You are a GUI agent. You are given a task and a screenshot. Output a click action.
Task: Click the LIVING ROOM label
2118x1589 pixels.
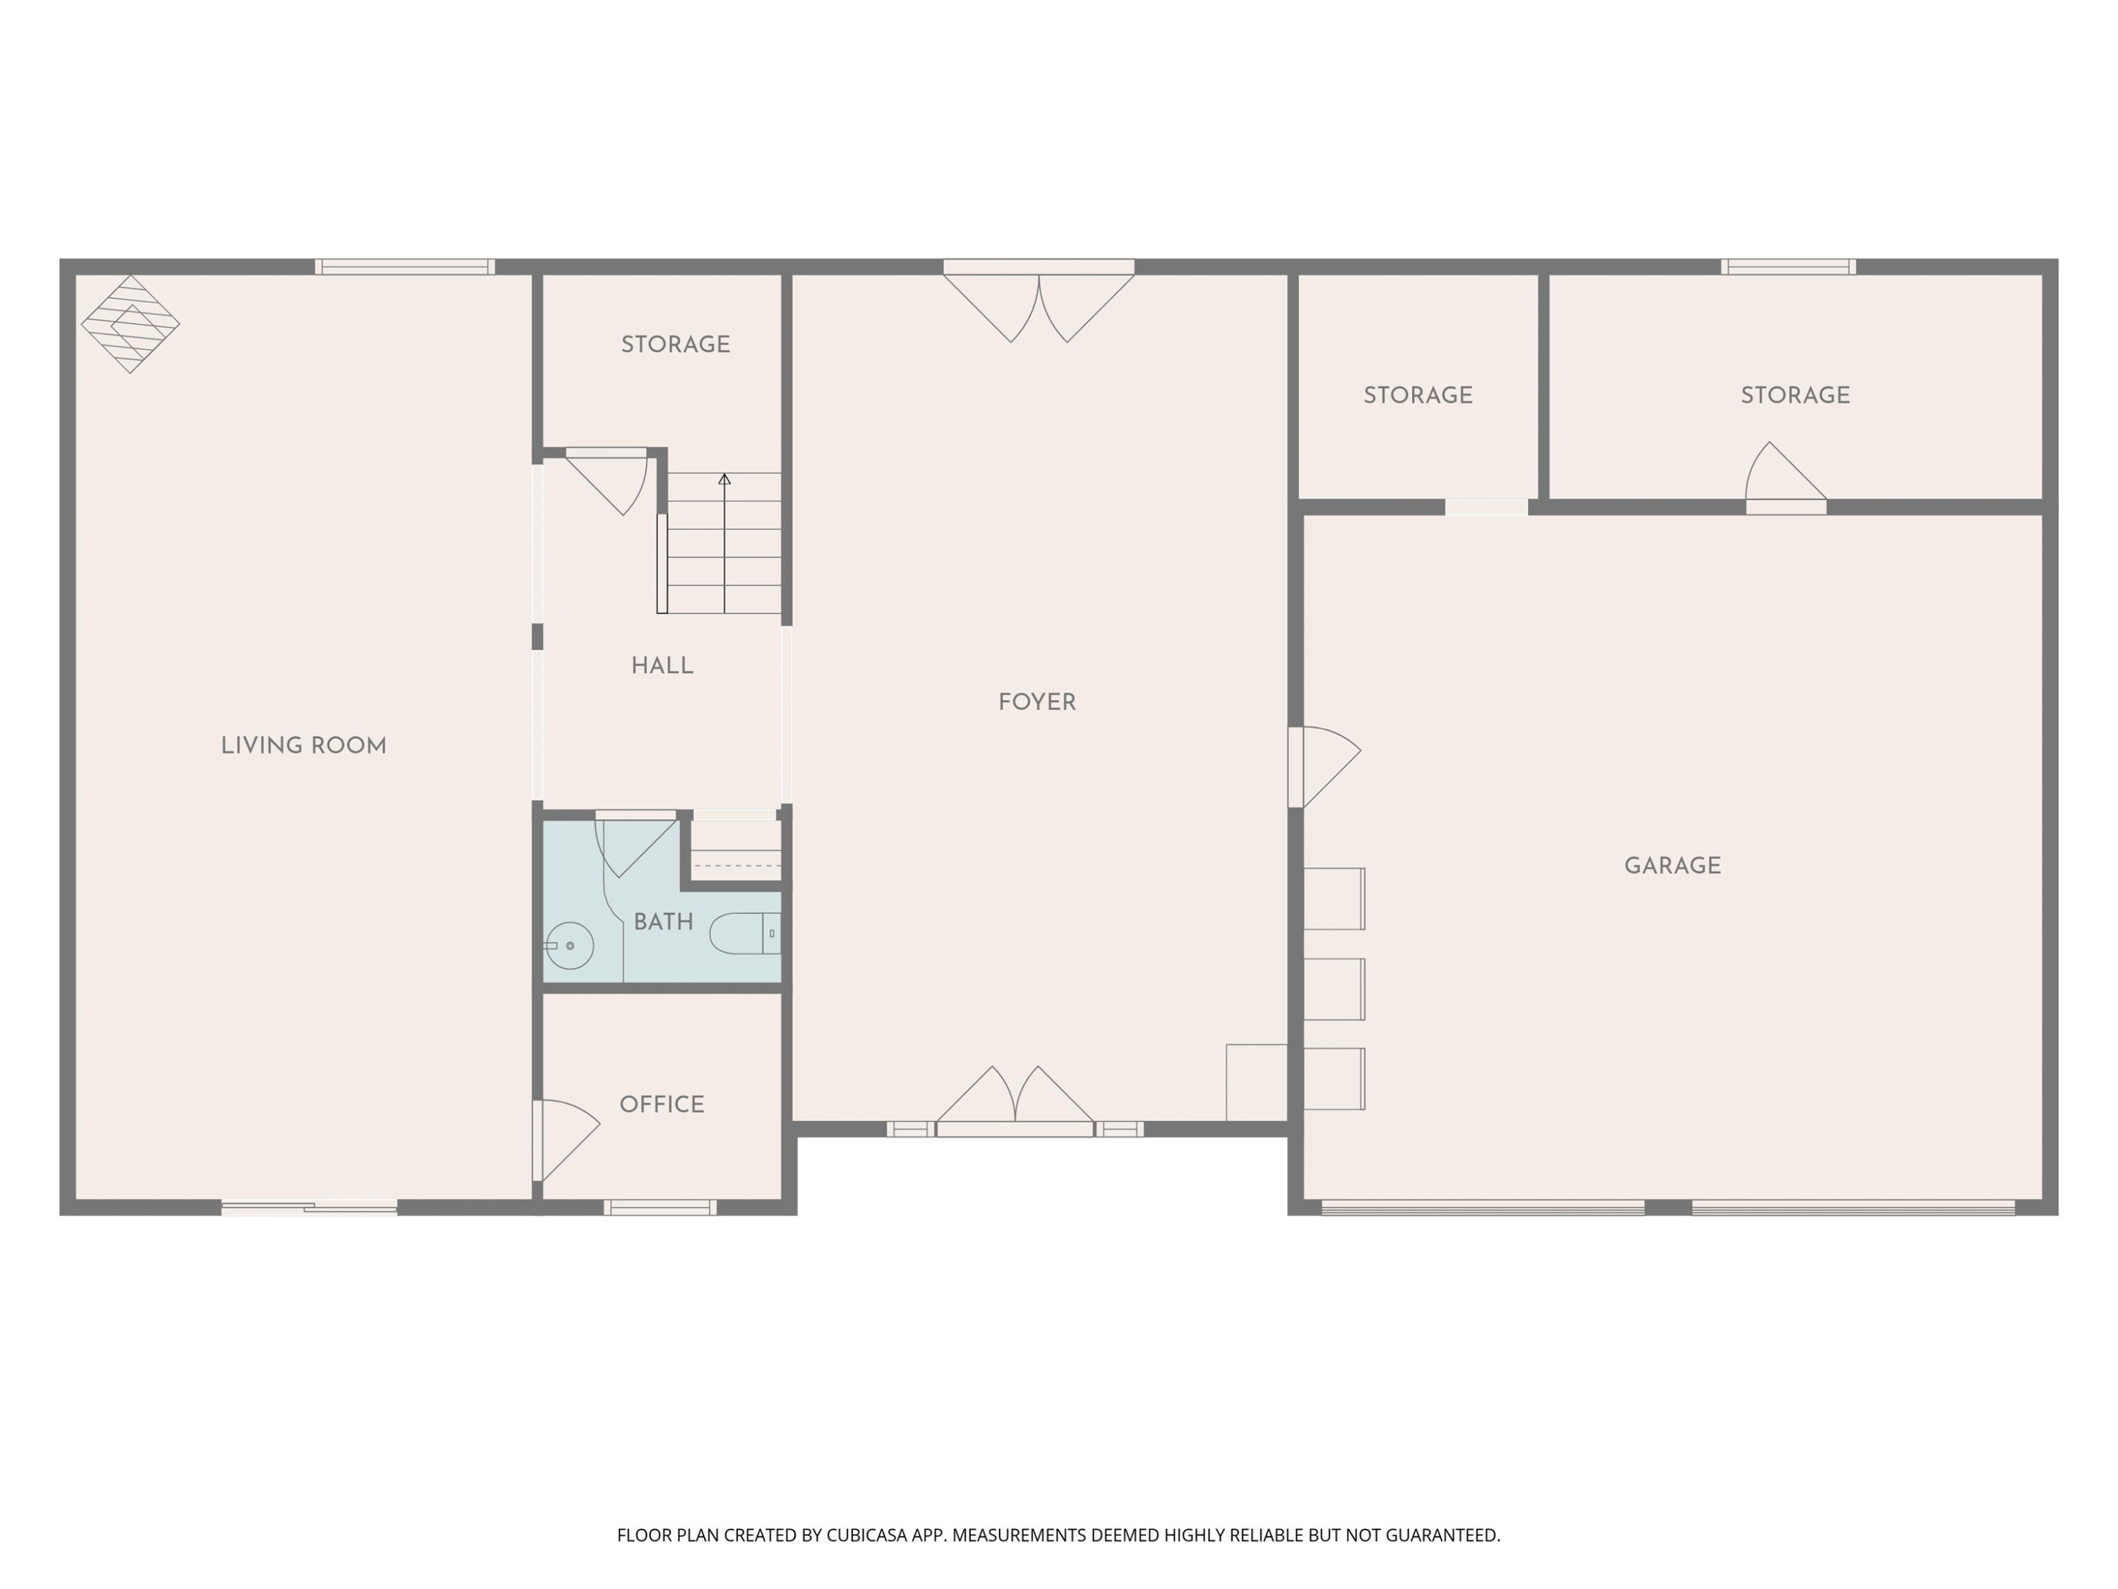pyautogui.click(x=304, y=746)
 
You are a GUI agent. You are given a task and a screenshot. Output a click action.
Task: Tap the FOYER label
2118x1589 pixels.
pyautogui.click(x=1037, y=703)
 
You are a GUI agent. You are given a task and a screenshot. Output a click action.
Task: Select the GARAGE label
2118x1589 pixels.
pyautogui.click(x=1673, y=866)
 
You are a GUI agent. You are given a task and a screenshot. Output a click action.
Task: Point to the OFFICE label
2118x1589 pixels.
pyautogui.click(x=662, y=1105)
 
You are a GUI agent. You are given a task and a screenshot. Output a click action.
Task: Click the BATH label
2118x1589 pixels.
pyautogui.click(x=664, y=922)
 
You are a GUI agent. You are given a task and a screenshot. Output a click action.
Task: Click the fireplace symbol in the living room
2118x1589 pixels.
pyautogui.click(x=130, y=323)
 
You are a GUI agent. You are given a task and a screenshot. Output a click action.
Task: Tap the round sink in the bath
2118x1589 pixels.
pyautogui.click(x=569, y=946)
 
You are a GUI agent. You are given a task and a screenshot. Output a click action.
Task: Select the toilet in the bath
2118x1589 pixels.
pyautogui.click(x=745, y=934)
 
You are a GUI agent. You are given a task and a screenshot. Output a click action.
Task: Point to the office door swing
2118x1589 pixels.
pyautogui.click(x=567, y=1140)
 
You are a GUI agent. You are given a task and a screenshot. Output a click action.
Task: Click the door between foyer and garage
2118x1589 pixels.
pyautogui.click(x=1325, y=767)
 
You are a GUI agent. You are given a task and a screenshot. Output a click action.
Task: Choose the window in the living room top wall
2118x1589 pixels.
pyautogui.click(x=405, y=267)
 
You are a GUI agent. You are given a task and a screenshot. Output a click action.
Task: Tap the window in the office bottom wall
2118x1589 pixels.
pyautogui.click(x=659, y=1208)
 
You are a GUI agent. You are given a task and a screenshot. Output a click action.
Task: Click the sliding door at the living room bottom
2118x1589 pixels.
pyautogui.click(x=309, y=1208)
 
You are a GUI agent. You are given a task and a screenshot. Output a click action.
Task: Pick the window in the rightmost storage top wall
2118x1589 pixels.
pyautogui.click(x=1788, y=267)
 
